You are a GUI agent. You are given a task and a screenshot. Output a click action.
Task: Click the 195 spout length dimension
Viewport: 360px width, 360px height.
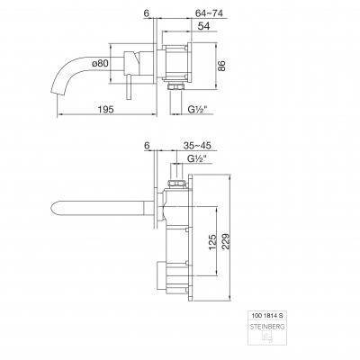[x=106, y=110]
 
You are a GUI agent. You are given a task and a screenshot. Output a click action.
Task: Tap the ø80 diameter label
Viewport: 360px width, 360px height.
[x=101, y=63]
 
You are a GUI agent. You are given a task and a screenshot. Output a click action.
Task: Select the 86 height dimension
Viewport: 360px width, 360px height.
[x=221, y=66]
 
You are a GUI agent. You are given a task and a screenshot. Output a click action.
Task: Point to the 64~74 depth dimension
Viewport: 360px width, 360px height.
[x=208, y=13]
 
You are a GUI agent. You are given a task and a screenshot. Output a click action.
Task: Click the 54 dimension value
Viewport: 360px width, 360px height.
[x=203, y=26]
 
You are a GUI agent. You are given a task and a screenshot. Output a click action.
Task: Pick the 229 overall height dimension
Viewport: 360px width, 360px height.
[x=227, y=241]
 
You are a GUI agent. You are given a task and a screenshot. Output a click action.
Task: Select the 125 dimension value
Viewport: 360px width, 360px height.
[x=212, y=241]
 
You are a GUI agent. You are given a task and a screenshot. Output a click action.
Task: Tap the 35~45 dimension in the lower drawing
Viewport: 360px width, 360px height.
[x=197, y=146]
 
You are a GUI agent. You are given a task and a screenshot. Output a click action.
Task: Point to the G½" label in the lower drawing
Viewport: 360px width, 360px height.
[x=196, y=158]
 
